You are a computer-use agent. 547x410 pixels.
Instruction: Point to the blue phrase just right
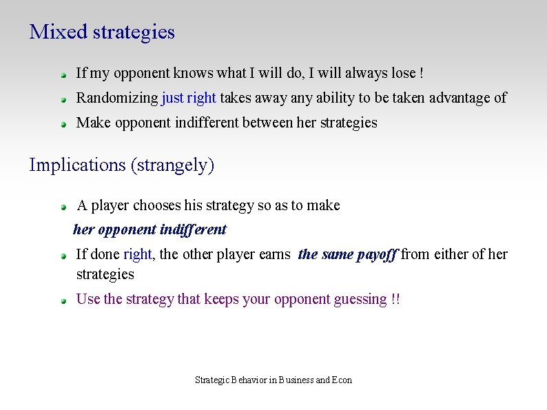(x=189, y=98)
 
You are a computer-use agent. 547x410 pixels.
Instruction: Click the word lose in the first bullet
(x=402, y=73)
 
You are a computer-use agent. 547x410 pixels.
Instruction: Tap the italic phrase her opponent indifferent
(x=149, y=229)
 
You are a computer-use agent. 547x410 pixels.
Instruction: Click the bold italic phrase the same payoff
(x=347, y=254)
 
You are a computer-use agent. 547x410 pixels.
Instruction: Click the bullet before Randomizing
(x=63, y=99)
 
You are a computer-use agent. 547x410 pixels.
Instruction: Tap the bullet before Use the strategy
(x=63, y=300)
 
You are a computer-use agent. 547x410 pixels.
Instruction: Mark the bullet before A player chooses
(x=63, y=207)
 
